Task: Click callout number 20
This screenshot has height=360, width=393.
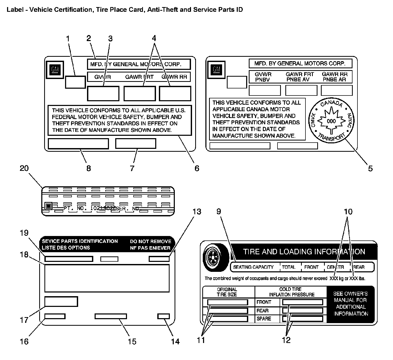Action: [x=24, y=168]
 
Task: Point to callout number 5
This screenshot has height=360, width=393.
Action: [x=370, y=168]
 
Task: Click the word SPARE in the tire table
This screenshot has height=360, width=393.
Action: [x=264, y=319]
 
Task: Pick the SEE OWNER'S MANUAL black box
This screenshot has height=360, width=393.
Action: [x=350, y=303]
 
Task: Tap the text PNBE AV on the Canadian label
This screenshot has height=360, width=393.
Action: [x=298, y=80]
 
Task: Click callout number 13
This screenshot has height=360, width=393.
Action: [x=197, y=211]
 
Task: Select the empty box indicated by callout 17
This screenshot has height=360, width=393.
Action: [x=61, y=301]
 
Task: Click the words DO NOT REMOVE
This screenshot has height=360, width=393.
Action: [x=151, y=241]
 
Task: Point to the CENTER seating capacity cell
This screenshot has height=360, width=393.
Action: [x=336, y=267]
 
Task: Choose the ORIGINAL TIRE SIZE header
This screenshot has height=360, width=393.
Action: [x=227, y=292]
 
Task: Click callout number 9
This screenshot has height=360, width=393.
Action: [x=219, y=211]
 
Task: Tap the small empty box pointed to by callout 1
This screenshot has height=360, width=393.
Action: [x=75, y=82]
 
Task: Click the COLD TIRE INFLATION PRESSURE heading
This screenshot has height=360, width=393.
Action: [x=292, y=292]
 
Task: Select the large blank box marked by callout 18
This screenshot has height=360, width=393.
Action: [x=107, y=278]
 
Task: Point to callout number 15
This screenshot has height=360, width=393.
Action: [x=132, y=341]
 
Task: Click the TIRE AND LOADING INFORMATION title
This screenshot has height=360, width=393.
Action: [x=304, y=252]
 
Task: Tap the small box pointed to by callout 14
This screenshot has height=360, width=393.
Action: [x=164, y=316]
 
